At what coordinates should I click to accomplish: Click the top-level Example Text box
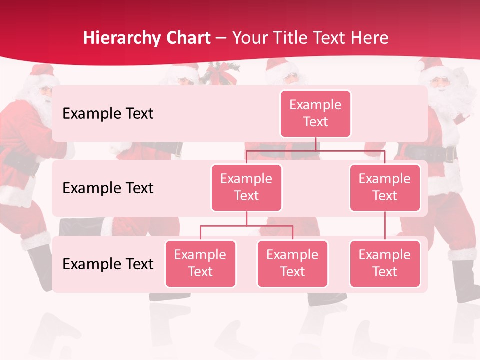(x=315, y=113)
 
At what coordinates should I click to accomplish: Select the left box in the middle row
(x=246, y=187)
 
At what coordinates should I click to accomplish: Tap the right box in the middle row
(x=385, y=187)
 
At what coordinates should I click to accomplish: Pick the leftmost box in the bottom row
(x=200, y=263)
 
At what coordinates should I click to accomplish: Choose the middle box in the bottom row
(x=292, y=263)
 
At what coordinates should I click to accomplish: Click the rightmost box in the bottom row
(x=385, y=263)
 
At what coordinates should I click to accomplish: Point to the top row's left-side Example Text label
(x=108, y=113)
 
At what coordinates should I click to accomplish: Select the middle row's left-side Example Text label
(x=108, y=188)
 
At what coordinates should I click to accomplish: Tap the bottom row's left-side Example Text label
(x=108, y=264)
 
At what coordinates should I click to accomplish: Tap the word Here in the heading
(x=370, y=38)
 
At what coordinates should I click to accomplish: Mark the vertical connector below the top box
(x=315, y=144)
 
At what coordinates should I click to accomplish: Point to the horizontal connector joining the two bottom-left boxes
(x=246, y=226)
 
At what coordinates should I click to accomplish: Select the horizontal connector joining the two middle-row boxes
(x=315, y=150)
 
